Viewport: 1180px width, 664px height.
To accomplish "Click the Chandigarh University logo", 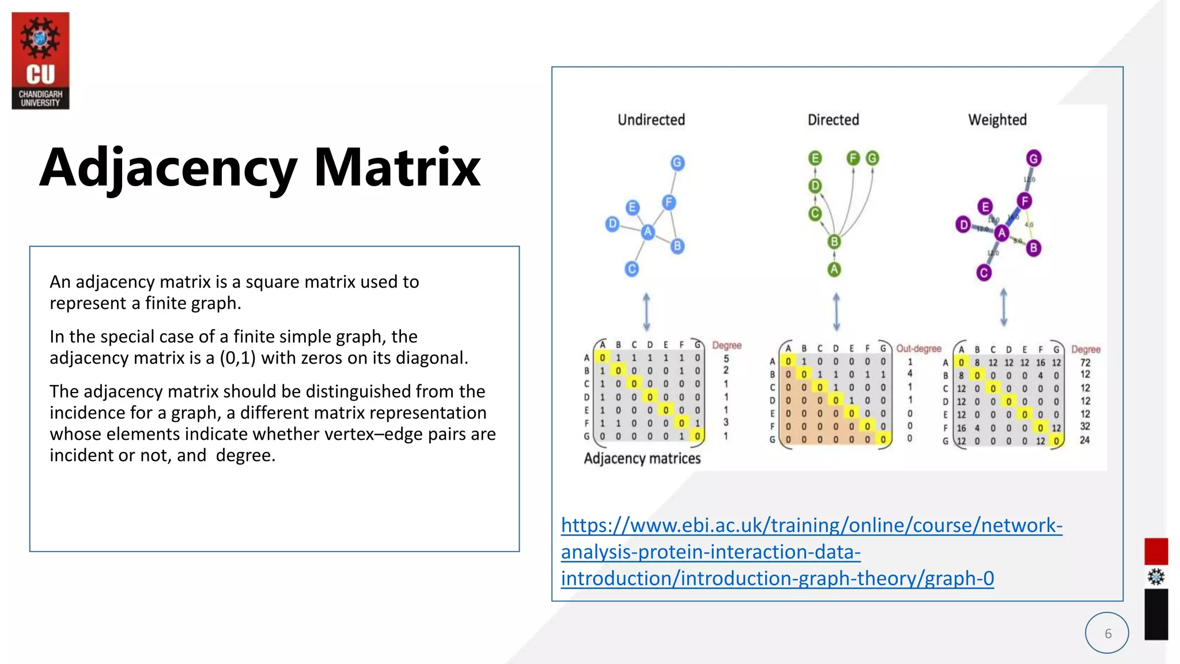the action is (x=40, y=61).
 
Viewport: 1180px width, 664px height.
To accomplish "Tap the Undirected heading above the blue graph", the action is (x=651, y=120).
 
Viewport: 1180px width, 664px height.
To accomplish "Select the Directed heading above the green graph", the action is (x=833, y=120).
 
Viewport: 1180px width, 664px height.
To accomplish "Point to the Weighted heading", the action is (x=997, y=120).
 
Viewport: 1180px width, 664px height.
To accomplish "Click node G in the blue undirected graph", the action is (x=678, y=163).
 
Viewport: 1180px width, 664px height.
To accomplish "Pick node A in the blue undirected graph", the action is (x=648, y=232).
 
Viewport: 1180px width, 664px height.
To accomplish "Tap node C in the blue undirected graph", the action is (x=632, y=269).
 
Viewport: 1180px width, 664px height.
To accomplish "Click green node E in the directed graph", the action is (x=815, y=159).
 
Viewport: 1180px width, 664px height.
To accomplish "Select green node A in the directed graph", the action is (x=834, y=269).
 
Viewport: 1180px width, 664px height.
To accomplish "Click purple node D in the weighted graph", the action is (x=963, y=224).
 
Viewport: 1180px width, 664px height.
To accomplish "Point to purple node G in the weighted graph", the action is (x=1034, y=159).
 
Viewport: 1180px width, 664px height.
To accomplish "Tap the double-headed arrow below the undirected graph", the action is (x=646, y=312).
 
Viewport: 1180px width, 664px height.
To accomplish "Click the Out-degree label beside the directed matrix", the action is (x=918, y=349).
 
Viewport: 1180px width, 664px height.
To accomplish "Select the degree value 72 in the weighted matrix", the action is (x=1085, y=363).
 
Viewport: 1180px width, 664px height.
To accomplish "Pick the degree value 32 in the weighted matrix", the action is (x=1085, y=427).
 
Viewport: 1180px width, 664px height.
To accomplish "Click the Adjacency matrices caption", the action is (x=642, y=459).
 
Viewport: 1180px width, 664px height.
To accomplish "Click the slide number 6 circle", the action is (x=1107, y=633).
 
